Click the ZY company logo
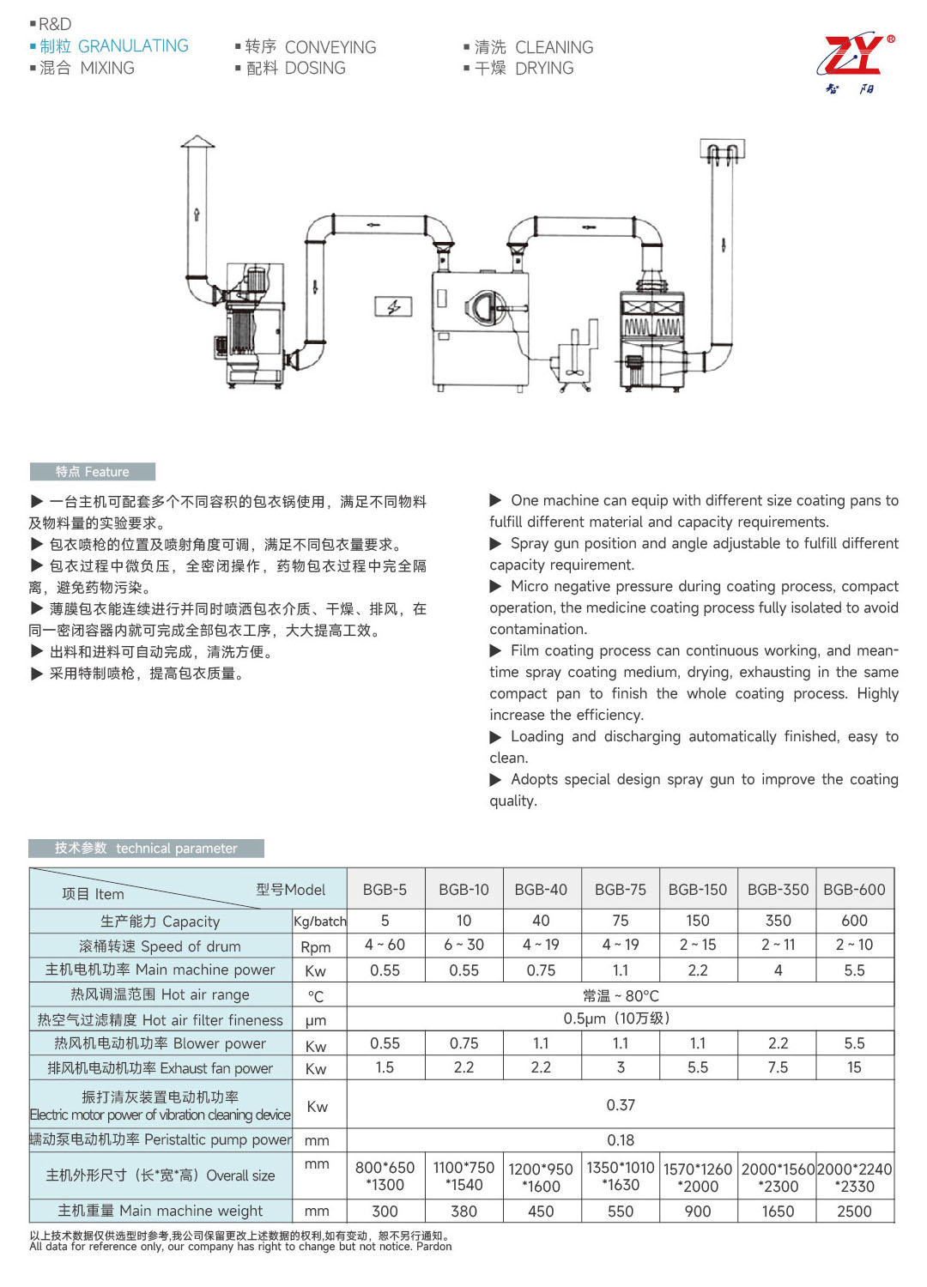pyautogui.click(x=855, y=62)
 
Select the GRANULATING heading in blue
pyautogui.click(x=133, y=46)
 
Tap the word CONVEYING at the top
pyautogui.click(x=330, y=47)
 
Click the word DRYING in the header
pyautogui.click(x=544, y=69)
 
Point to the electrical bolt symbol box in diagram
pyautogui.click(x=393, y=306)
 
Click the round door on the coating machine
pyautogui.click(x=487, y=306)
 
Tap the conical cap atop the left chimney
pyautogui.click(x=197, y=142)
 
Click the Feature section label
pyautogui.click(x=93, y=472)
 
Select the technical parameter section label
pyautogui.click(x=147, y=849)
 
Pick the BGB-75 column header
pyautogui.click(x=620, y=890)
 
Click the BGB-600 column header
pyautogui.click(x=854, y=890)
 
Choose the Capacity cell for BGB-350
pyautogui.click(x=778, y=921)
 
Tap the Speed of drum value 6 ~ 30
pyautogui.click(x=463, y=945)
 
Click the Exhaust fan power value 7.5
pyautogui.click(x=778, y=1067)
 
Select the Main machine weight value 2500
pyautogui.click(x=854, y=1211)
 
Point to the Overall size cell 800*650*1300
pyautogui.click(x=385, y=1176)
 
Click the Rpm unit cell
pyautogui.click(x=316, y=947)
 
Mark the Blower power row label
pyautogui.click(x=161, y=1044)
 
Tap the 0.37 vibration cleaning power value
pyautogui.click(x=620, y=1105)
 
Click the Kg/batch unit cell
pyautogui.click(x=319, y=921)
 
